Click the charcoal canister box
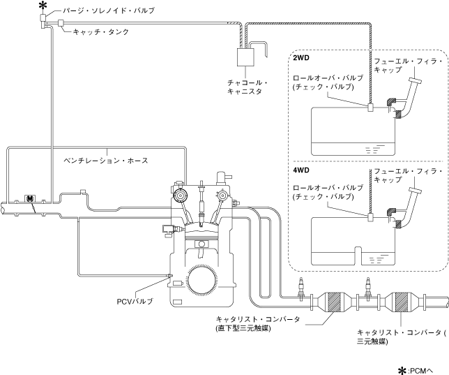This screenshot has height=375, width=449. click(246, 59)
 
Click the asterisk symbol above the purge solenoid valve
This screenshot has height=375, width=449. click(43, 6)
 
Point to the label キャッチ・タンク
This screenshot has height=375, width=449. click(101, 31)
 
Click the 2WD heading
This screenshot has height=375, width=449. click(302, 59)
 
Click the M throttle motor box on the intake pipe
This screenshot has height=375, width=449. click(29, 199)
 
